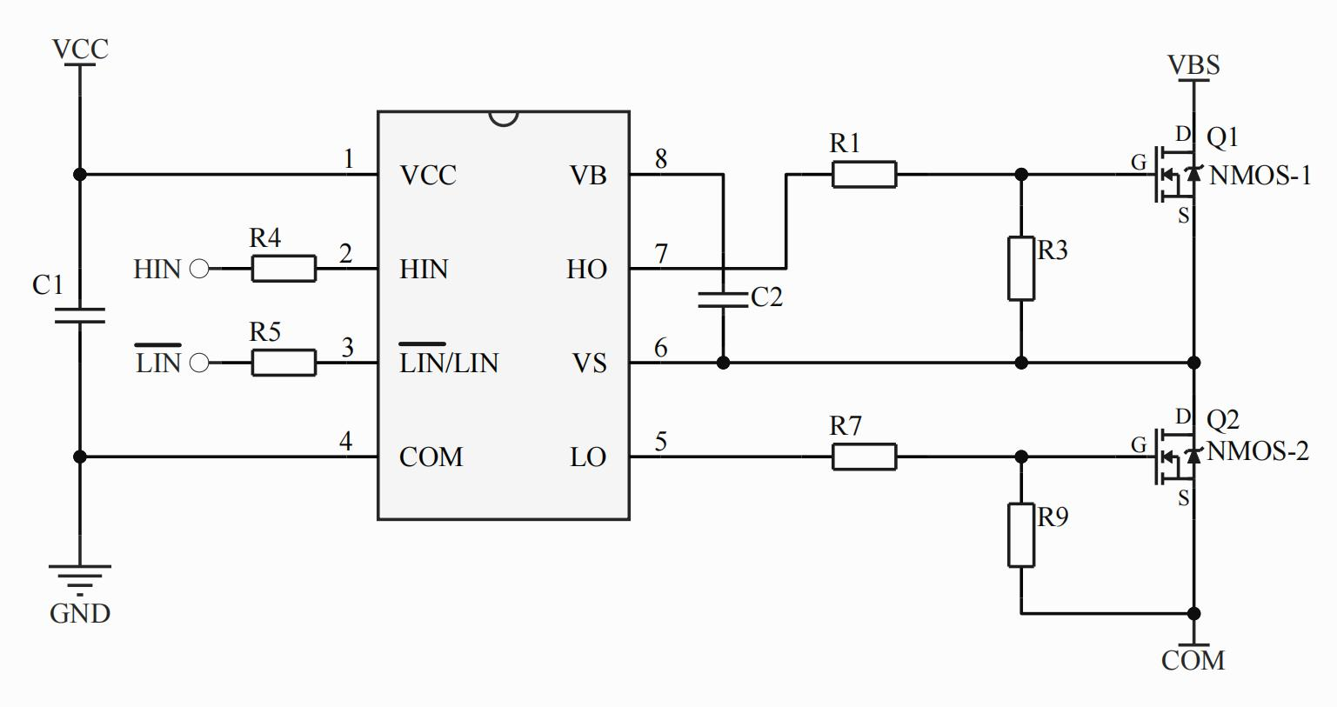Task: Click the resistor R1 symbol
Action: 864,175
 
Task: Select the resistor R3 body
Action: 1021,268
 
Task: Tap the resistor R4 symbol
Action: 284,269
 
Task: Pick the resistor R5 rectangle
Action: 284,363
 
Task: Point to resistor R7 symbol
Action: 864,457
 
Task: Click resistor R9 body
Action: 1021,535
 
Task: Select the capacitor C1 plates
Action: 80,315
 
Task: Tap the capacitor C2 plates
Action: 723,299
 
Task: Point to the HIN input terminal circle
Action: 199,269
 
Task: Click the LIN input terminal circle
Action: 199,363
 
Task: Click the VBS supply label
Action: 1193,65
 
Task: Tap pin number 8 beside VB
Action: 661,159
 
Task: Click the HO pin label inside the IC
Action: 587,269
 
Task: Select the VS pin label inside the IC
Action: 589,363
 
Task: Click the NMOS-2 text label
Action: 1258,451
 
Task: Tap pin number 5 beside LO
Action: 661,442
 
